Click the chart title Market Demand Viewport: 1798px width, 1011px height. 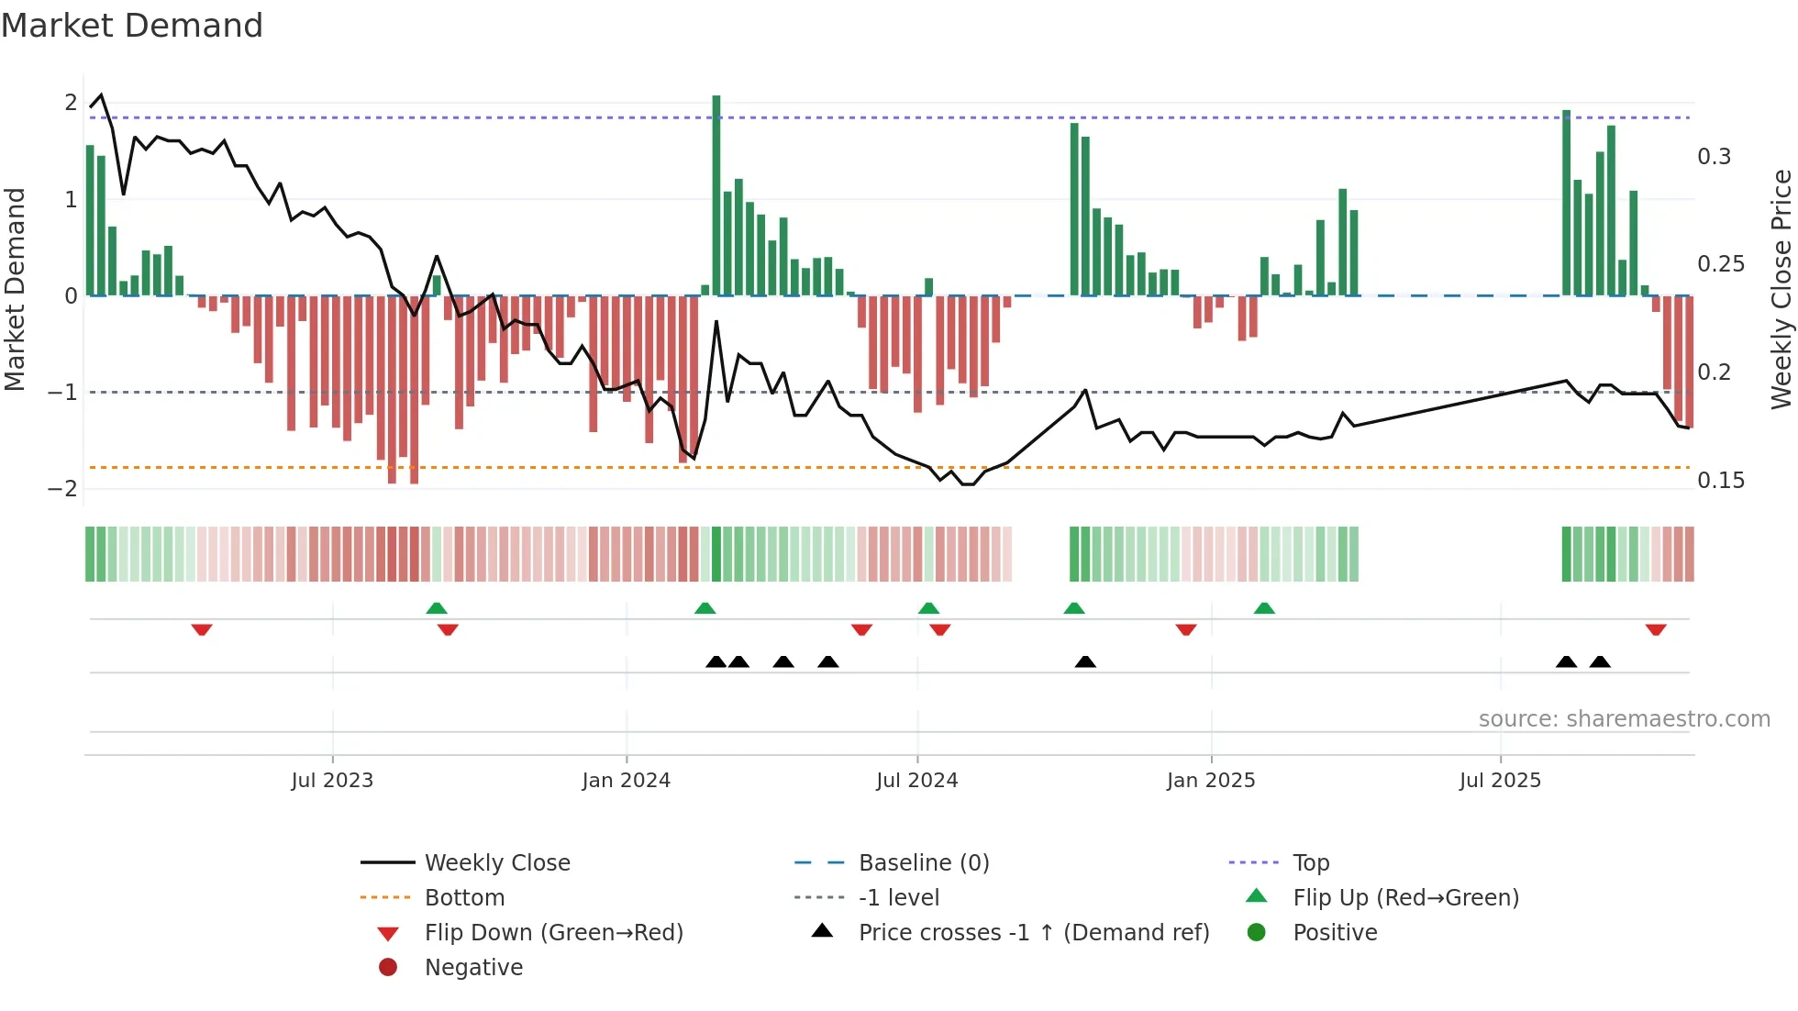132,26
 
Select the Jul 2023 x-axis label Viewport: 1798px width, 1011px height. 332,781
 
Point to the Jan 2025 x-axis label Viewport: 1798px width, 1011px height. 1211,781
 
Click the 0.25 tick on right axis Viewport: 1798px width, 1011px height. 1720,264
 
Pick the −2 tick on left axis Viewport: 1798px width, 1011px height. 62,489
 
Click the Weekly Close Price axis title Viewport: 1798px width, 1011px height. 1781,289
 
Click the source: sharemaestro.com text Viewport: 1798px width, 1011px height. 1624,719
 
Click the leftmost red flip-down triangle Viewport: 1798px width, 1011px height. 202,629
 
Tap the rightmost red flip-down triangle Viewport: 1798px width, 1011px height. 1656,629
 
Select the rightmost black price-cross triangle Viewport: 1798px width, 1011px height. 1600,661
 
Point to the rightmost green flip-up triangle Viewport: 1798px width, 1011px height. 1264,608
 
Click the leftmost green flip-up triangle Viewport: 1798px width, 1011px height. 437,608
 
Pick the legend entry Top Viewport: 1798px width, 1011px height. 1310,863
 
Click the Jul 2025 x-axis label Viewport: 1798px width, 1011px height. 1500,781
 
